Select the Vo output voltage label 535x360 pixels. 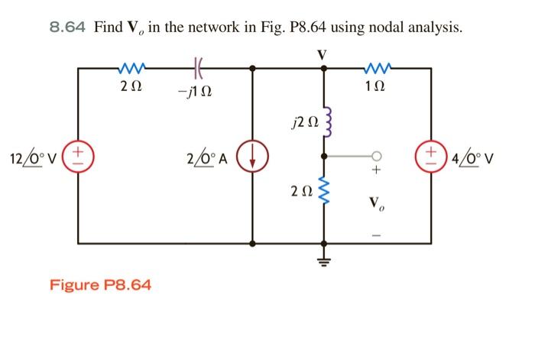point(374,204)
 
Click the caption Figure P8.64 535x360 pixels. point(100,285)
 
